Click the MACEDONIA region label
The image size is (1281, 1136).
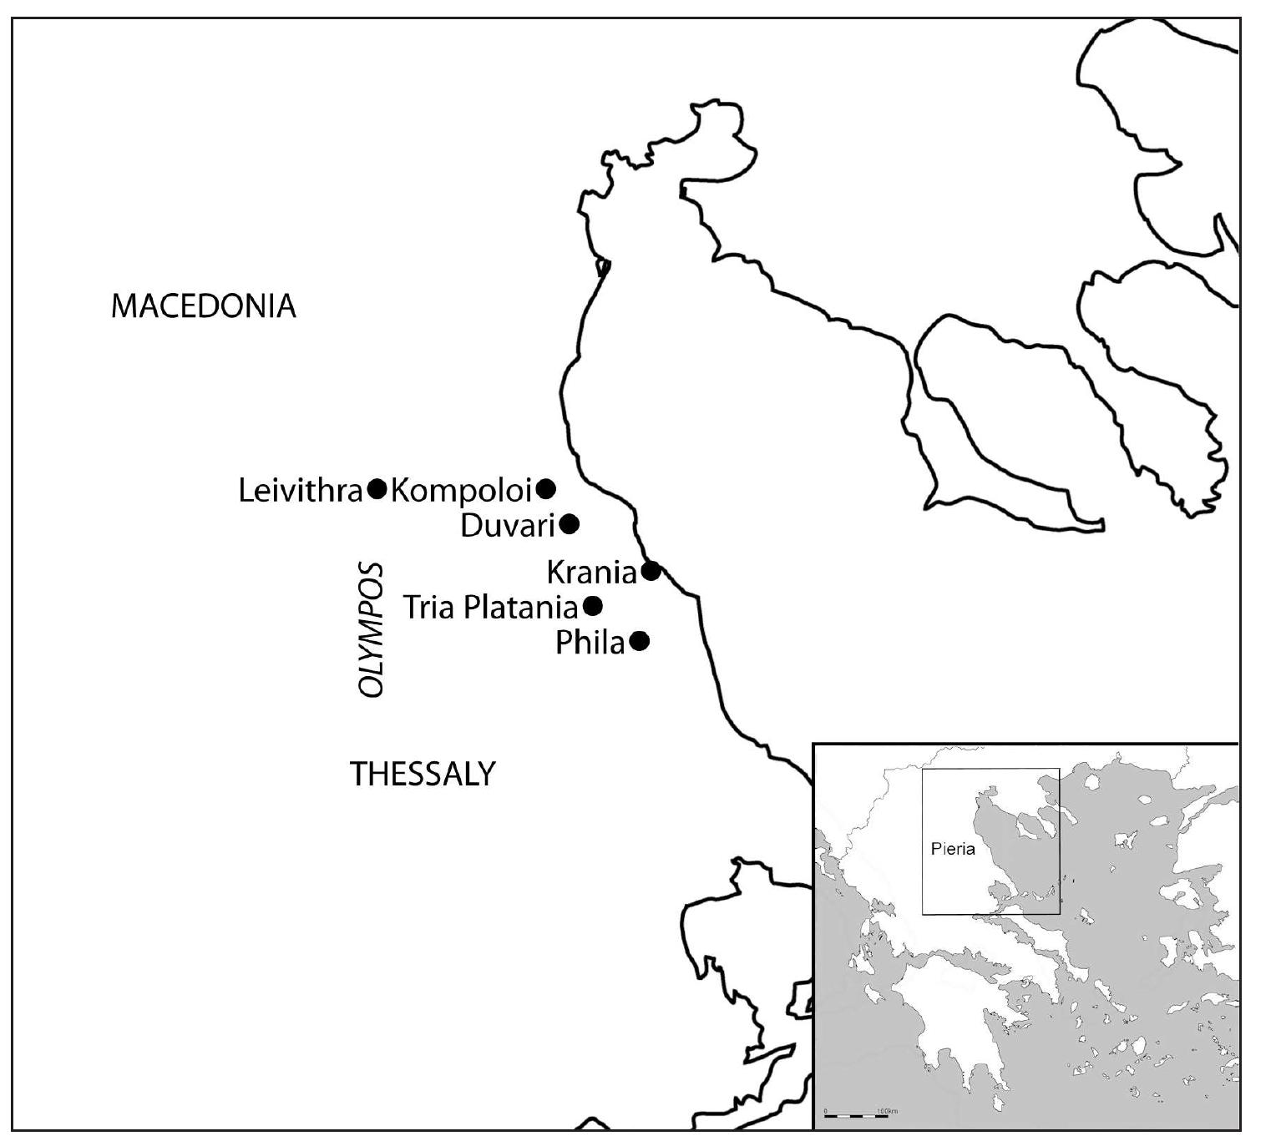203,306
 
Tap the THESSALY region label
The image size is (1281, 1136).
423,775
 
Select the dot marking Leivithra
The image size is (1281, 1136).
377,488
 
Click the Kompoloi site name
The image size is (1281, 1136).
461,491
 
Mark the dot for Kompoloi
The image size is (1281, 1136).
545,488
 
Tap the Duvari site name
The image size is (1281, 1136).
509,527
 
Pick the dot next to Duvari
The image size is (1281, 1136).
570,524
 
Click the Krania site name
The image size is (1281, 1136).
592,573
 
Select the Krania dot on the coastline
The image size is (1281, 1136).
651,572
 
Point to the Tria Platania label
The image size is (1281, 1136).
491,608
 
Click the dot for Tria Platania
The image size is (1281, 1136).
592,606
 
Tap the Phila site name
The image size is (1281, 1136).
590,644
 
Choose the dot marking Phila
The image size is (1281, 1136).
640,641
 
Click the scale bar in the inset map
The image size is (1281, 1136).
855,1116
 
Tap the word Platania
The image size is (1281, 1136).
520,608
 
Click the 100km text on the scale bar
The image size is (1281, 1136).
888,1111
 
